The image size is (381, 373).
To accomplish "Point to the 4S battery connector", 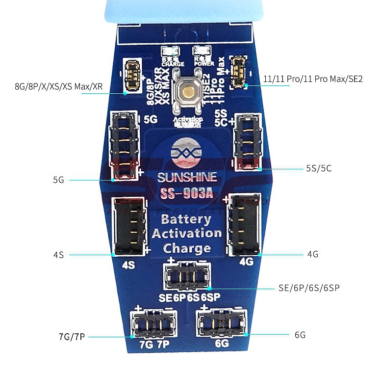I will pyautogui.click(x=129, y=225).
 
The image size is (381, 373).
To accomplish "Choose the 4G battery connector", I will pyautogui.click(x=245, y=224).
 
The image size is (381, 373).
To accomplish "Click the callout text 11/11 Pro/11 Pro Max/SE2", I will pyautogui.click(x=312, y=79).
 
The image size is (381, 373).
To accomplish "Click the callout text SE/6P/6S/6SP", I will pyautogui.click(x=309, y=288).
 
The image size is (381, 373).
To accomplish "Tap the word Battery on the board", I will pyautogui.click(x=186, y=219).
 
